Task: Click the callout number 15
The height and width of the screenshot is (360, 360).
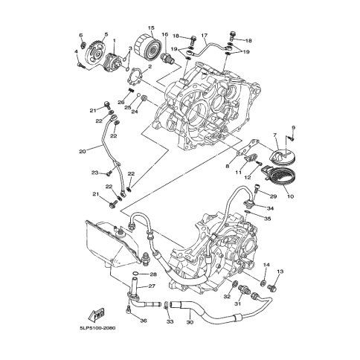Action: [x=151, y=28]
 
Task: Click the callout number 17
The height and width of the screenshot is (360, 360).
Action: [x=204, y=36]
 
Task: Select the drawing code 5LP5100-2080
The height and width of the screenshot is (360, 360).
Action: [x=97, y=328]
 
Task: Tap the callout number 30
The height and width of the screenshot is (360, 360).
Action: [x=190, y=322]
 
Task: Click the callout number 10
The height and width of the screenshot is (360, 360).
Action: [x=290, y=196]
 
